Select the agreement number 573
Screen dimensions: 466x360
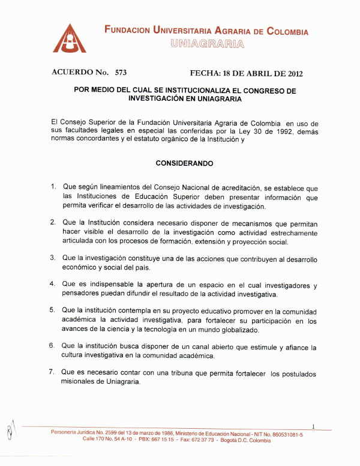121,73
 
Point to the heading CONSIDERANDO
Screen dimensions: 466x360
184,163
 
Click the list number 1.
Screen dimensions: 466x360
53,186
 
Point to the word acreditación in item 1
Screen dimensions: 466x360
238,187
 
